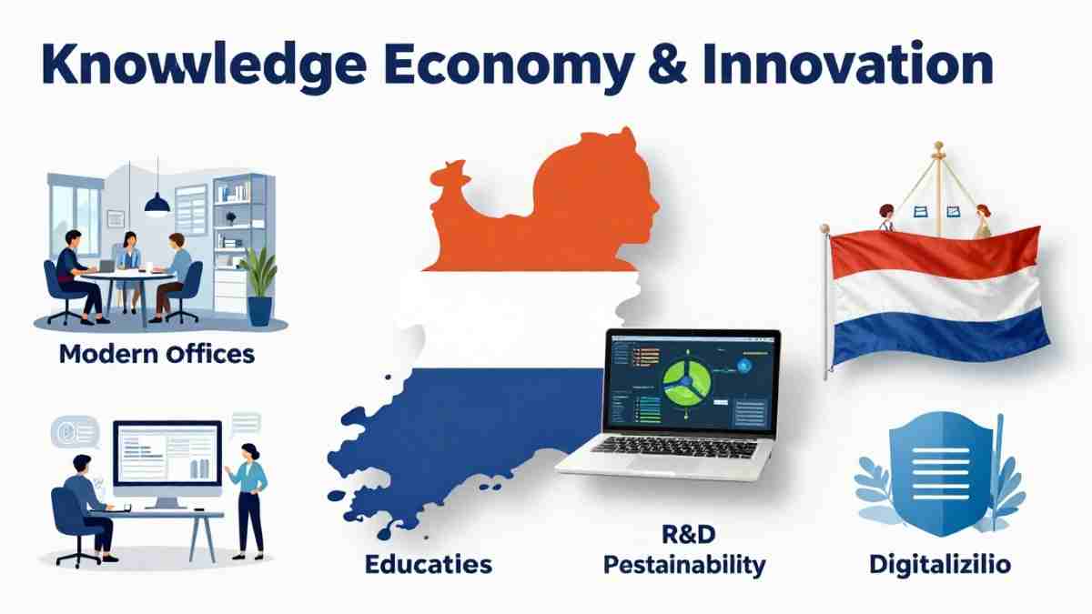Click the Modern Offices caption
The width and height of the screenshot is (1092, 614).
click(157, 353)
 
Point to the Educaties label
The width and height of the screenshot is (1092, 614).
click(428, 564)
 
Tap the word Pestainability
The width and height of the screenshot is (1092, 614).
click(684, 565)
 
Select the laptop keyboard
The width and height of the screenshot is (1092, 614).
click(673, 448)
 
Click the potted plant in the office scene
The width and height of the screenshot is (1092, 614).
click(261, 282)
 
